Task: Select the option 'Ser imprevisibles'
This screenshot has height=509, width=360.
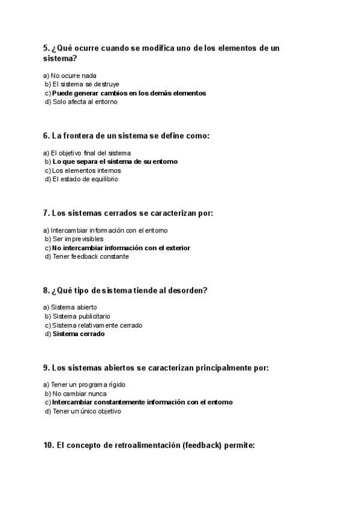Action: [77, 239]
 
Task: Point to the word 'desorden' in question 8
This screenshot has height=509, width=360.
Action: [186, 291]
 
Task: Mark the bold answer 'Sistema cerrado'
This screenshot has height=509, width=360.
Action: [78, 334]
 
